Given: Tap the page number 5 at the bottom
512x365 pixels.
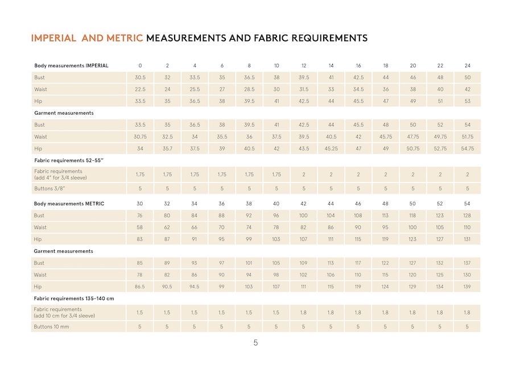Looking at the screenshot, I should pyautogui.click(x=255, y=343).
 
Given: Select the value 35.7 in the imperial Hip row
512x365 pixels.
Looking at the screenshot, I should pyautogui.click(x=167, y=149).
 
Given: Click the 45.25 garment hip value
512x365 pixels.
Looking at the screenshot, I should pyautogui.click(x=331, y=149).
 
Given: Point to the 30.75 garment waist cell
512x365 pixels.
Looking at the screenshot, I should pyautogui.click(x=140, y=137).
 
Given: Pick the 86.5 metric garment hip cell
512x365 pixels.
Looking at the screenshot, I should pyautogui.click(x=140, y=287).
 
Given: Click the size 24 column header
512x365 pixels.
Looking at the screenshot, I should pyautogui.click(x=468, y=66).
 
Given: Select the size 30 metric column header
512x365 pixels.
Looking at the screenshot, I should pyautogui.click(x=140, y=204).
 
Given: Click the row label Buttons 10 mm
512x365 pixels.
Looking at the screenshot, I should pyautogui.click(x=52, y=327).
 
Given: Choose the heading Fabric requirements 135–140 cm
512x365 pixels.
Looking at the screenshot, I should pyautogui.click(x=74, y=298).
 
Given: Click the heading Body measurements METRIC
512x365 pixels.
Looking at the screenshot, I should pyautogui.click(x=69, y=204).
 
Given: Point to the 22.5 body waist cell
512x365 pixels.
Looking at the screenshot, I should pyautogui.click(x=140, y=89).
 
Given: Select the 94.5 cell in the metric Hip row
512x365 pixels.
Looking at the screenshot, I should pyautogui.click(x=195, y=287).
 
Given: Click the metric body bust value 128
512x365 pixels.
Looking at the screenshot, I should pyautogui.click(x=468, y=216).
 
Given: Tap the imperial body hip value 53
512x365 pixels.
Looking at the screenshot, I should pyautogui.click(x=468, y=101).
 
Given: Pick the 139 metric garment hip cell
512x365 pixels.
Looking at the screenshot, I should pyautogui.click(x=468, y=287).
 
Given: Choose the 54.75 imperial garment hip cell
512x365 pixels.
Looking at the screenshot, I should pyautogui.click(x=468, y=149).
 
